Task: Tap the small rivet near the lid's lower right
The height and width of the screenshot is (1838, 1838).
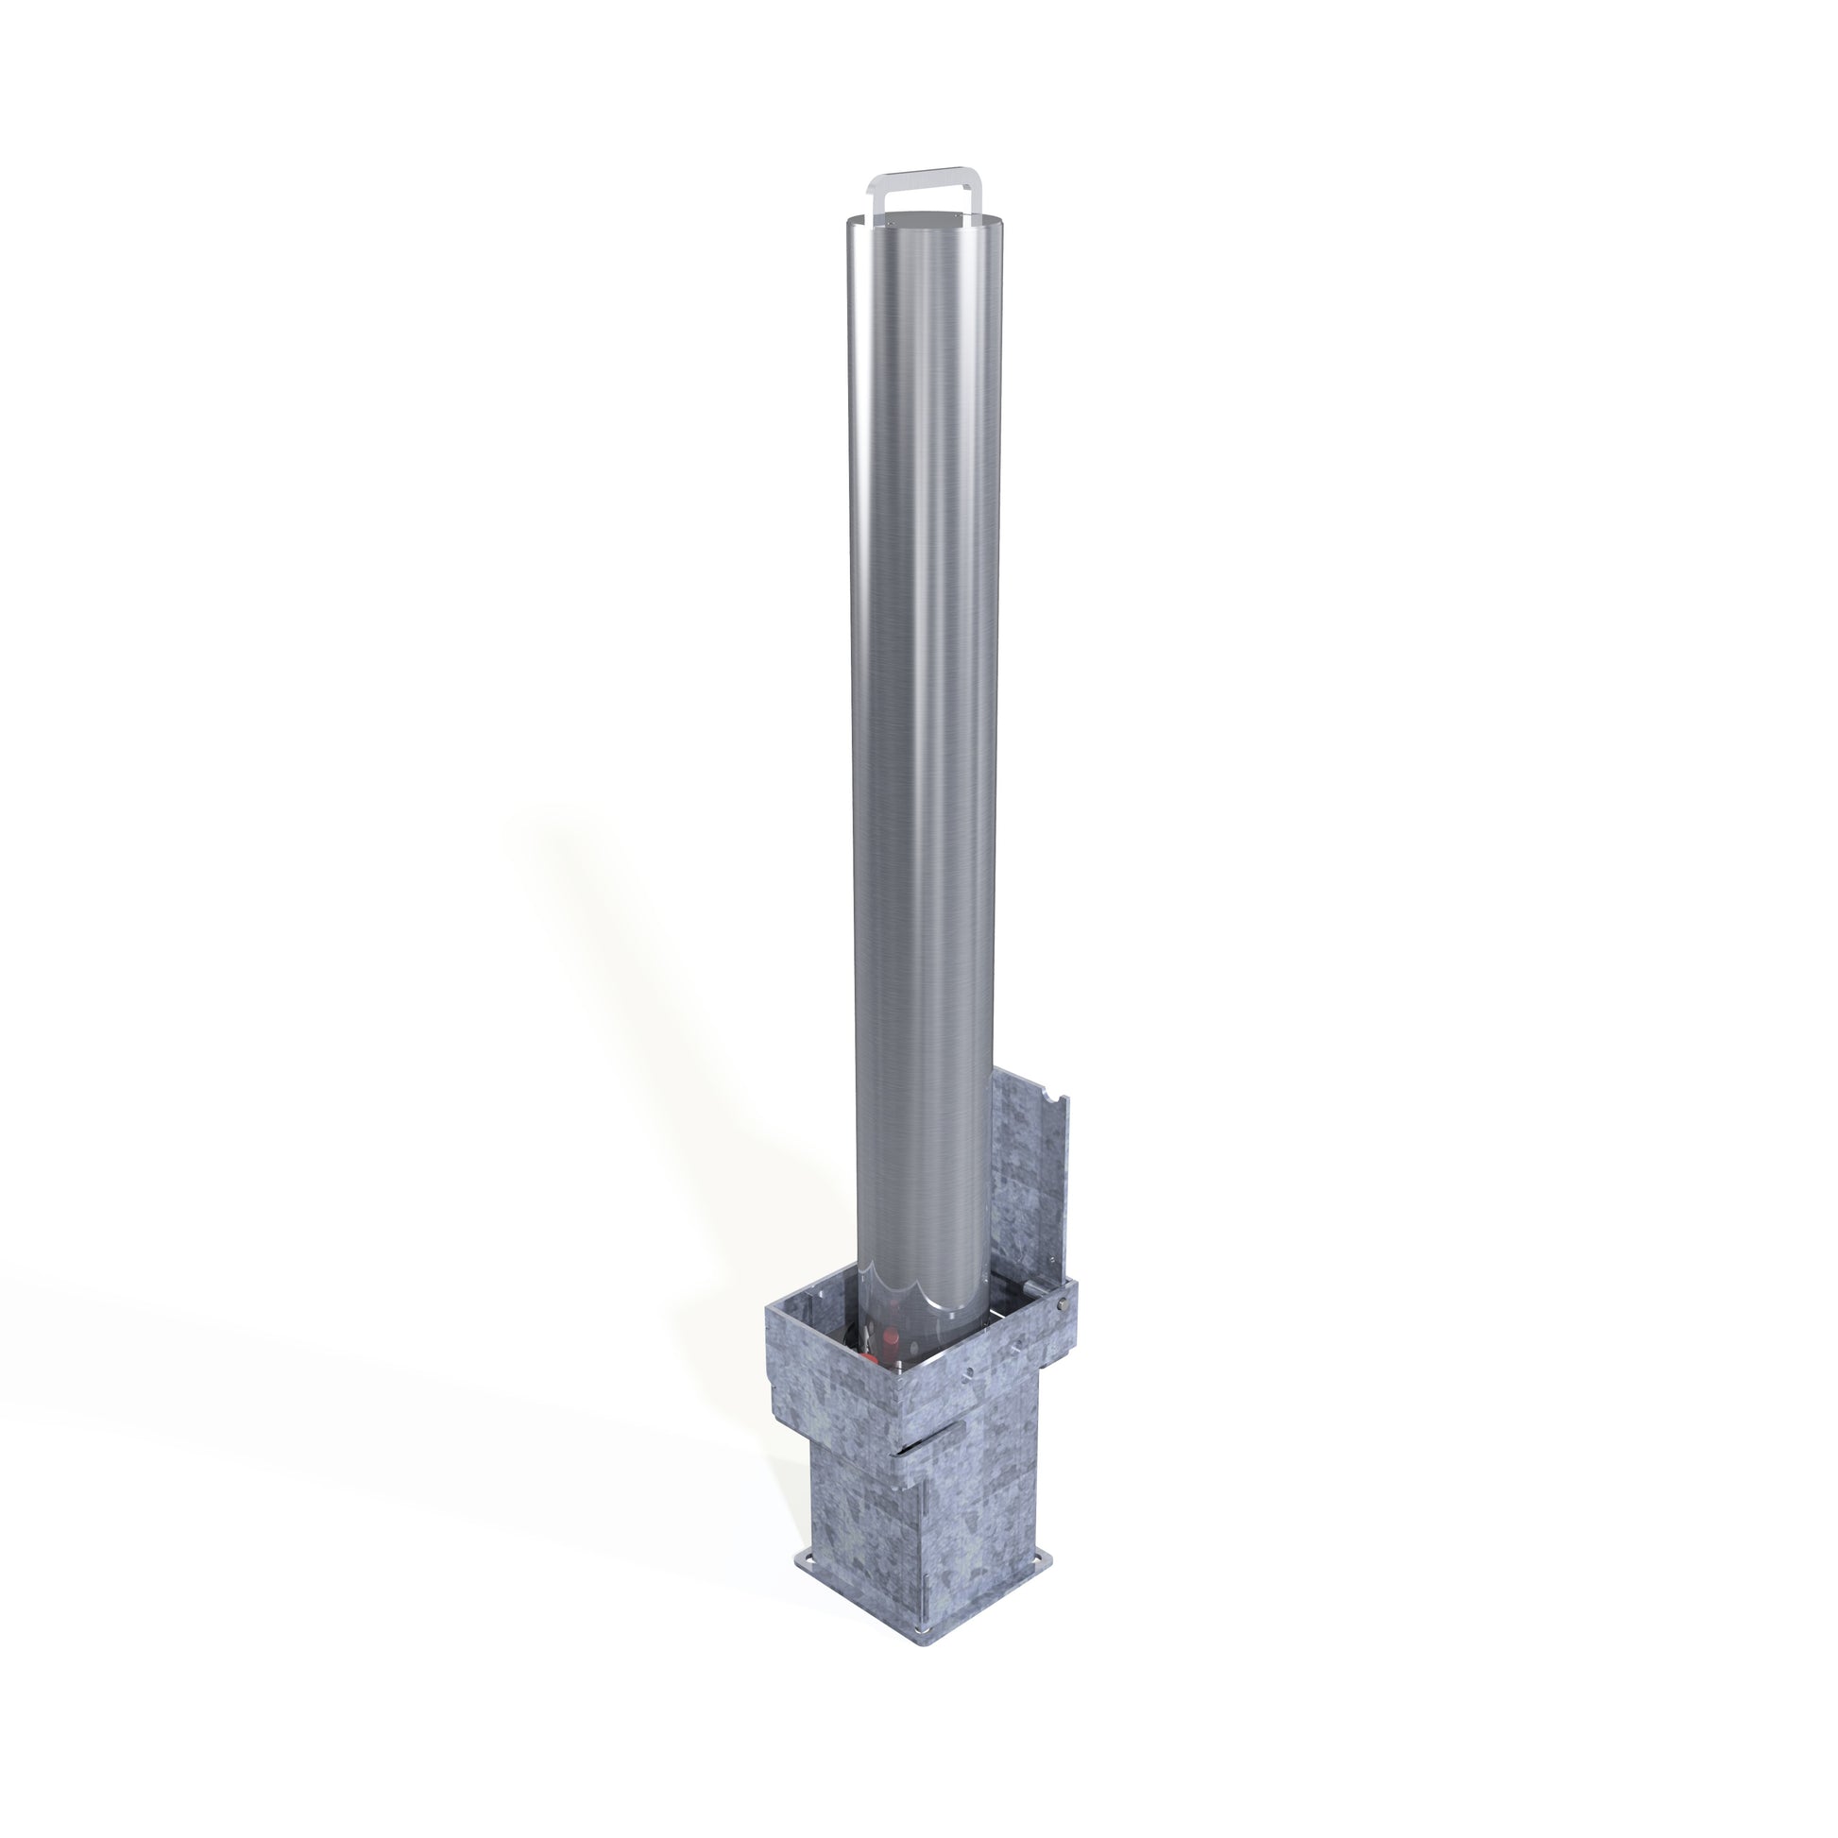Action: pyautogui.click(x=1053, y=1260)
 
